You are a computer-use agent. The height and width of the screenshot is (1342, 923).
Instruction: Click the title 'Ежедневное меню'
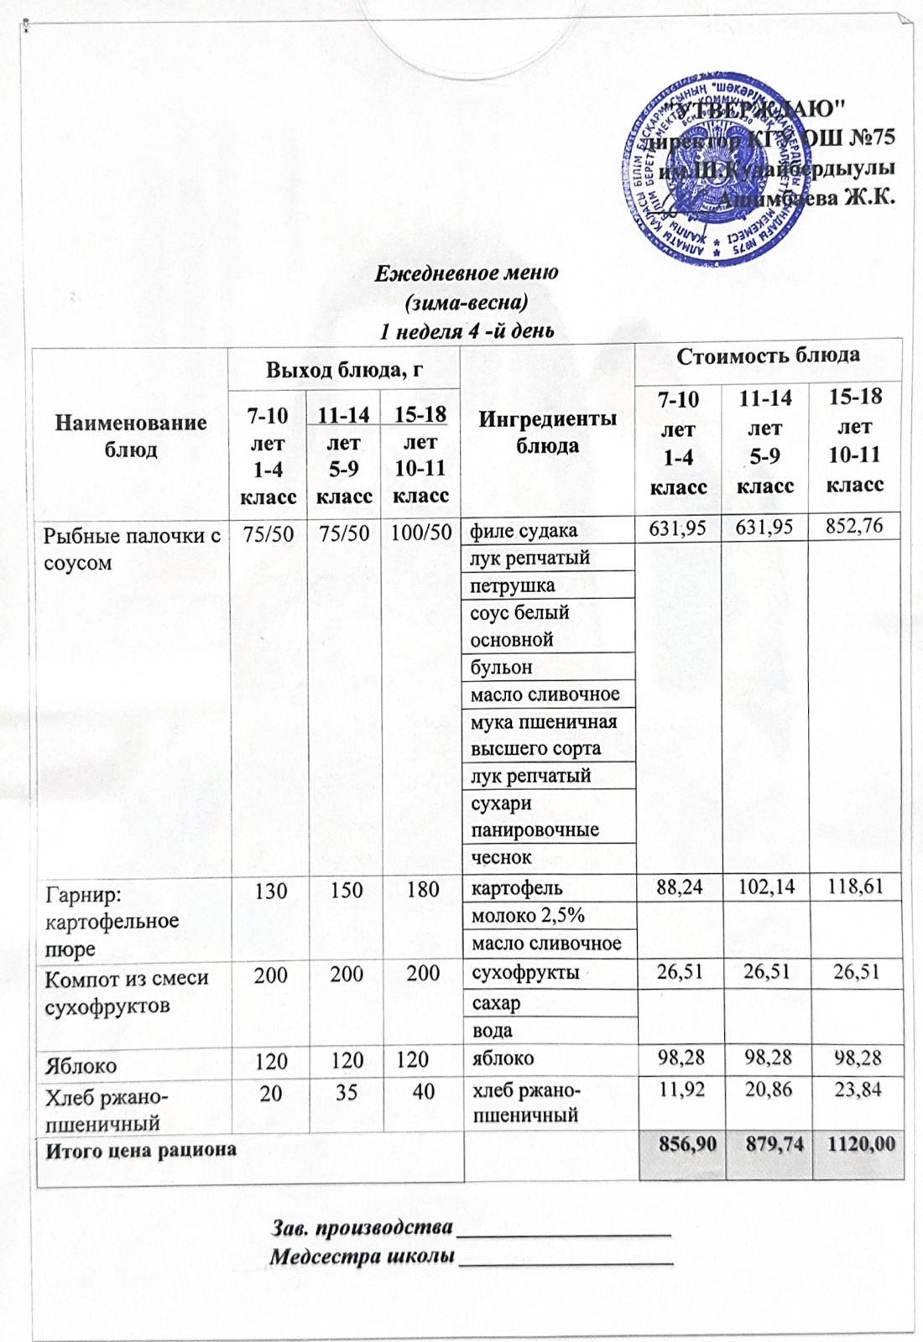[466, 273]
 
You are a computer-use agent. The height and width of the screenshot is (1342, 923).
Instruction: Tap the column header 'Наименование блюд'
[131, 435]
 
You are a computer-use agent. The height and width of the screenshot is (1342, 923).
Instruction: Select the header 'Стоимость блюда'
[768, 356]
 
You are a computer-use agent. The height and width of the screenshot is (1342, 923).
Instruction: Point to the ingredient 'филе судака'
[524, 530]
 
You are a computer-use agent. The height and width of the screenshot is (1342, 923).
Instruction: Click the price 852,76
[854, 527]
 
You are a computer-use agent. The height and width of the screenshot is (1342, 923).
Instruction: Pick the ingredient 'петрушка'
[512, 585]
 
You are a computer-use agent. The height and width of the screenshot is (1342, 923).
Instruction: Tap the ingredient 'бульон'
[501, 667]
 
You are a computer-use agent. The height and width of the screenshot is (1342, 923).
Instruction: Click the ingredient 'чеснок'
[501, 857]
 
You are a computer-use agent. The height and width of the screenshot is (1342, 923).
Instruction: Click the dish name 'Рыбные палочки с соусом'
[132, 549]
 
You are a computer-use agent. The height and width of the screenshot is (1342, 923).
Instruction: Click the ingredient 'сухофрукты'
[525, 973]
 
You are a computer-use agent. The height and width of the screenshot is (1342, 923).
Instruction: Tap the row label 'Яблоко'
[80, 1065]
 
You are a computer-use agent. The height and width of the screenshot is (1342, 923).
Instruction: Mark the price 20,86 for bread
[767, 1090]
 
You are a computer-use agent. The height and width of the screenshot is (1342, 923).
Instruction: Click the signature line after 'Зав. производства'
[562, 1232]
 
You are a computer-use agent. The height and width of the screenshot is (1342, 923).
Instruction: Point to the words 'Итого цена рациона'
[140, 1150]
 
